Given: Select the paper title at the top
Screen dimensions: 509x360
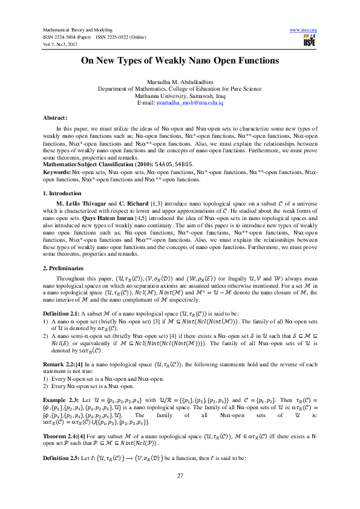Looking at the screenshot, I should tap(180, 61).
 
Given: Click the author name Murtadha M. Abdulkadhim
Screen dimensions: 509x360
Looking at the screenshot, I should tap(180, 81).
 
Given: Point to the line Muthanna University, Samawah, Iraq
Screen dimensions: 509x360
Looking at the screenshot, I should tap(180, 96).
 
